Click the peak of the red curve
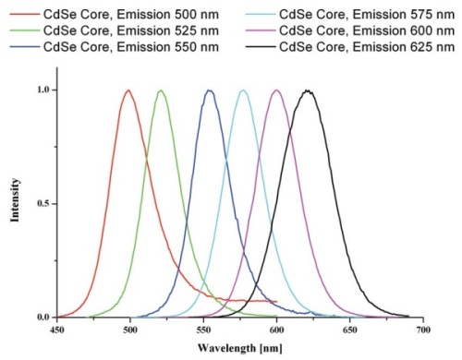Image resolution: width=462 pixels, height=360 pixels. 128,90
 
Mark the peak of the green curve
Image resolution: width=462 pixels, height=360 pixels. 161,90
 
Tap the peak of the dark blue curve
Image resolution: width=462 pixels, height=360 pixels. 211,90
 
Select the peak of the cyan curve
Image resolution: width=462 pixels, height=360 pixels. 243,90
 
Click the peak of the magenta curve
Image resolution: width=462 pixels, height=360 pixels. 277,90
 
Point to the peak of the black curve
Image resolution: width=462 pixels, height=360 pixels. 308,90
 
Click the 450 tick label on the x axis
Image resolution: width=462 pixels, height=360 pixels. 57,329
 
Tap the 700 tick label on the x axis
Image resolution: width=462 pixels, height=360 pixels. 422,329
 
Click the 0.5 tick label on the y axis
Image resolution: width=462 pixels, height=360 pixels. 43,204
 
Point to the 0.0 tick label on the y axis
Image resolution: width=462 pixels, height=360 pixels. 43,318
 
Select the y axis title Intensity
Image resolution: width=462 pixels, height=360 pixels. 13,204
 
